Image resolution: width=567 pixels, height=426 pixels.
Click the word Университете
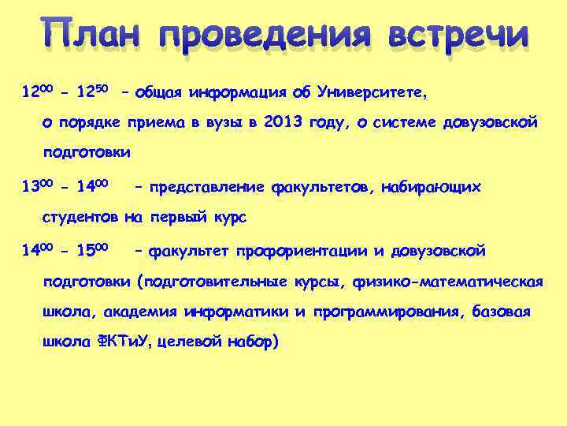pyautogui.click(x=371, y=94)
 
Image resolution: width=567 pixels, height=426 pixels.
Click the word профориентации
pyautogui.click(x=300, y=252)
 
